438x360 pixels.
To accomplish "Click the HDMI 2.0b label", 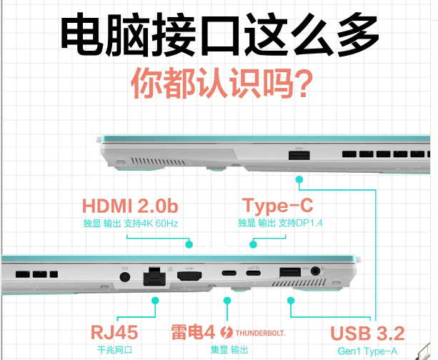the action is [130, 206].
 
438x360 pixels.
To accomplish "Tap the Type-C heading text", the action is [278, 206].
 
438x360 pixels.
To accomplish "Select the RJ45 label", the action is [114, 332].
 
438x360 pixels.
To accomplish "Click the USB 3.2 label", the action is [367, 333].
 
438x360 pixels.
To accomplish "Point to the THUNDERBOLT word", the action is [260, 333].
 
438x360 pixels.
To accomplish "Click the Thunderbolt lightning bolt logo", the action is [227, 332].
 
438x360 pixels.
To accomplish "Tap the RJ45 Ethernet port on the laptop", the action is [154, 276].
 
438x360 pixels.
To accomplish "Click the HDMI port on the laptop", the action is [189, 276].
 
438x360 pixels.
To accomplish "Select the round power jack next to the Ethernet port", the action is [124, 277].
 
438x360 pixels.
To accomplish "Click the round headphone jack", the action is [315, 271].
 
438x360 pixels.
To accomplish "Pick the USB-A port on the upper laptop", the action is [299, 155].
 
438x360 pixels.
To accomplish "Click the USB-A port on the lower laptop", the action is [290, 272].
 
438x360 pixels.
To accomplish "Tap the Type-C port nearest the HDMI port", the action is [229, 273].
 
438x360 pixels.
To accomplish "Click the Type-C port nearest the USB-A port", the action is [254, 273].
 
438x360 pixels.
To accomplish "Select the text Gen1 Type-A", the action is [367, 351].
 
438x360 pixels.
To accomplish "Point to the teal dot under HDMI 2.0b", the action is [189, 244].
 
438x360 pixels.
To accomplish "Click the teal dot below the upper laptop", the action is [299, 179].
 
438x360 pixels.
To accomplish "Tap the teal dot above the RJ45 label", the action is [155, 301].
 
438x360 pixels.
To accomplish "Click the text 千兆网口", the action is [114, 350].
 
